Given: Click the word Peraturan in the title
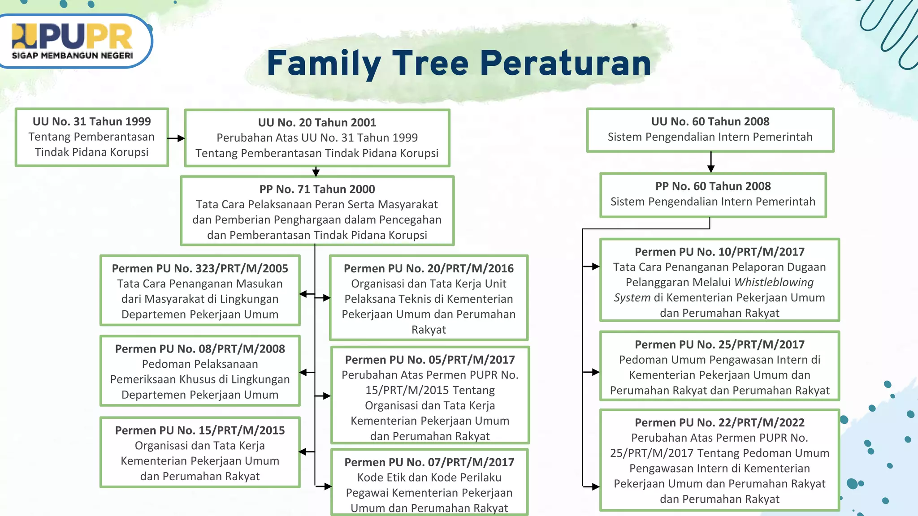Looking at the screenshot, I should [x=565, y=63].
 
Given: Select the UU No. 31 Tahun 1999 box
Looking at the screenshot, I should [x=91, y=137].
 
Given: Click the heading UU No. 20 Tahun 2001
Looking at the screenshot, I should [x=317, y=122].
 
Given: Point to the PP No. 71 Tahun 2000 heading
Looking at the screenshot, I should [x=317, y=189].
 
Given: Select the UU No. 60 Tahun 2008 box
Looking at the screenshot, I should [x=710, y=130].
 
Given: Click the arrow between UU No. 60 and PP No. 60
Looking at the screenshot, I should [x=711, y=163].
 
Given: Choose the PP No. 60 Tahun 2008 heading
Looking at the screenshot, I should [x=713, y=186].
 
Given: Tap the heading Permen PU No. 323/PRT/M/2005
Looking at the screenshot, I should [x=200, y=268].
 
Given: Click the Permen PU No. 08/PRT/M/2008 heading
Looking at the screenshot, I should [x=200, y=348].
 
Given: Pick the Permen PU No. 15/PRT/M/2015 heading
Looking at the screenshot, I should [x=200, y=430].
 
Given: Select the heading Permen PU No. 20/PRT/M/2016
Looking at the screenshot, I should [x=429, y=268].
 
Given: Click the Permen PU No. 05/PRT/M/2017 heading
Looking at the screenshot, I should [x=430, y=359].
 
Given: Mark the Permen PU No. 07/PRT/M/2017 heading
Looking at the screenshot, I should [x=429, y=462].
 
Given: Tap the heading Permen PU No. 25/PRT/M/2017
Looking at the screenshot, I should [x=719, y=344].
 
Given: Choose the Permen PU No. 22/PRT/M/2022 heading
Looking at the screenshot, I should [x=719, y=422].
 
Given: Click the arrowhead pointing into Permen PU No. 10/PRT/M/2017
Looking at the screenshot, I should [x=596, y=267].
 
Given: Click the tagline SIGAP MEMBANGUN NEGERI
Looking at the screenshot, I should [x=72, y=56].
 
